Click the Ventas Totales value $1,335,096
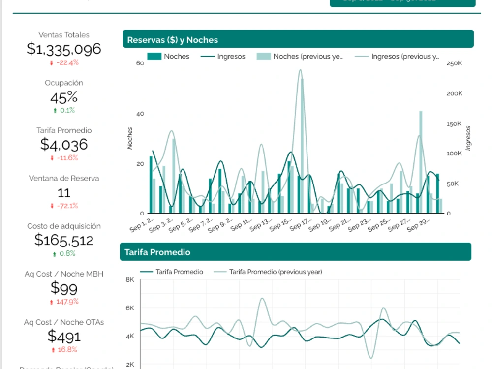click(64, 49)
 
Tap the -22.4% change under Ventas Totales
click(64, 62)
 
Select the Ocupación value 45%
click(64, 97)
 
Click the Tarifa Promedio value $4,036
click(64, 144)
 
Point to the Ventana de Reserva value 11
click(64, 192)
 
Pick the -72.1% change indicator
click(64, 206)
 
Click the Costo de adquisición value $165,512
click(64, 240)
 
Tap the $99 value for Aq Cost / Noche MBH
click(64, 288)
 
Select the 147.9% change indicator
click(64, 302)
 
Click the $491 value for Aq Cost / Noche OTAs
click(64, 336)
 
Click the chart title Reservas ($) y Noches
click(172, 40)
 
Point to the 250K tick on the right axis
click(454, 63)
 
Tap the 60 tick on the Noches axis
click(140, 63)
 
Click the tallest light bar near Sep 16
click(302, 145)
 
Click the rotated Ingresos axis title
click(468, 138)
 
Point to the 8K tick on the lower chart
click(130, 279)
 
